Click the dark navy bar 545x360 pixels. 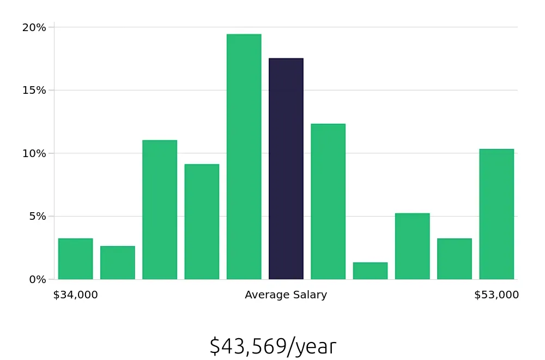(286, 169)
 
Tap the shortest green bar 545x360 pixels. (370, 271)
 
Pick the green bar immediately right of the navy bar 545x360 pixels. (328, 202)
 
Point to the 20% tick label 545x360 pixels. (34, 27)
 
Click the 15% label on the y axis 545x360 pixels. (34, 90)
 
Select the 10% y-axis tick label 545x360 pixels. (34, 153)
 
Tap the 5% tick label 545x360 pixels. (37, 216)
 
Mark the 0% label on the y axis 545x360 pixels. (37, 279)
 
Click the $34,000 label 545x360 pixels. (75, 295)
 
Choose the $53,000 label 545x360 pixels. (496, 295)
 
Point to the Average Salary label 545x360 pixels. (286, 295)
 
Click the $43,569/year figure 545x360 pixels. (272, 346)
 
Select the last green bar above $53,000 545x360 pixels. (496, 214)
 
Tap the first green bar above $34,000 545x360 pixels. (75, 259)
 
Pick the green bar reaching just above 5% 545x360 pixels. (412, 247)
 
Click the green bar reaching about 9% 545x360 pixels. (202, 222)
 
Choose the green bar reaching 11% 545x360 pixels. (160, 210)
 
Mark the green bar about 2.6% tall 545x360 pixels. (117, 263)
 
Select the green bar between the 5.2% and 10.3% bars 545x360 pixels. (454, 259)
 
